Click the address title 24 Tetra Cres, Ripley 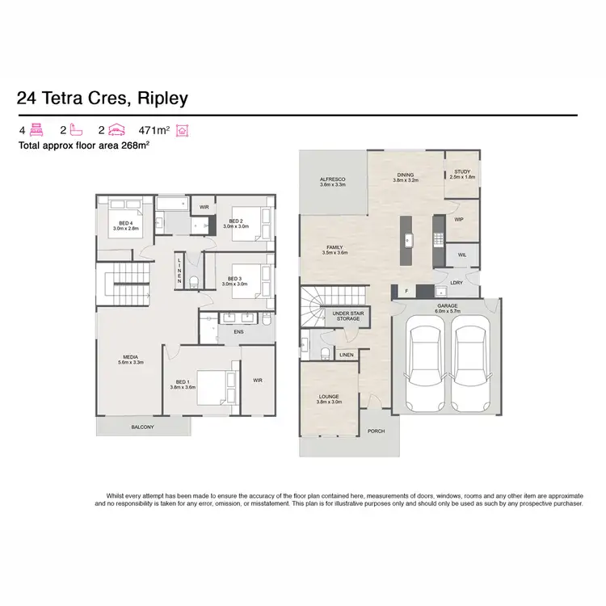pos(102,99)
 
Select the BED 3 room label pos(235,280)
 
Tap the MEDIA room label pos(130,360)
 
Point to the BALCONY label pos(142,427)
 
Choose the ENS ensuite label pos(238,331)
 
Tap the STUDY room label pos(461,173)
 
